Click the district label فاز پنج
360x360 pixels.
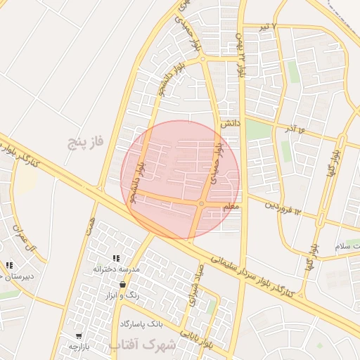[85, 142]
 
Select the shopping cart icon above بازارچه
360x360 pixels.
[78, 336]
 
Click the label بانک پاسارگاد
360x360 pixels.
[141, 323]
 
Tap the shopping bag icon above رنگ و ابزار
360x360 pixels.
[123, 285]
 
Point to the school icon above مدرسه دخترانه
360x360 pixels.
[116, 259]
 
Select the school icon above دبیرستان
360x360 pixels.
[9, 265]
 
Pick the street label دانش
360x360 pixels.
[231, 123]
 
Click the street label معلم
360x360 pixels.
[230, 207]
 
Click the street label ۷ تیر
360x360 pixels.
[281, 26]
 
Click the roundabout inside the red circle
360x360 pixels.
[201, 204]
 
